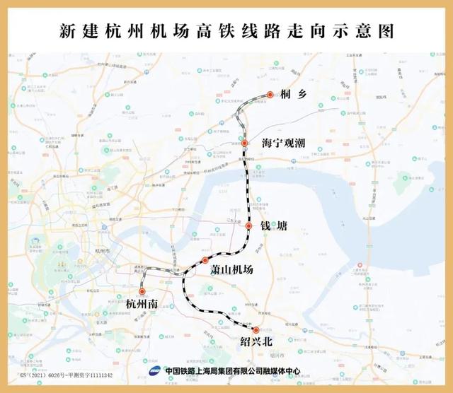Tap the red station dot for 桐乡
pyautogui.click(x=270, y=95)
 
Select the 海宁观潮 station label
pyautogui.click(x=283, y=143)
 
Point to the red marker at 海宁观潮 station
pyautogui.click(x=244, y=143)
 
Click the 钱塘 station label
pyautogui.click(x=273, y=226)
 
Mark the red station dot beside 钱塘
pyautogui.click(x=249, y=225)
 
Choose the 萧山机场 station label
pyautogui.click(x=231, y=270)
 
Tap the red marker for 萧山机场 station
pyautogui.click(x=205, y=260)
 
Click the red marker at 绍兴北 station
pyautogui.click(x=256, y=329)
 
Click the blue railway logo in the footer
pyautogui.click(x=154, y=371)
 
